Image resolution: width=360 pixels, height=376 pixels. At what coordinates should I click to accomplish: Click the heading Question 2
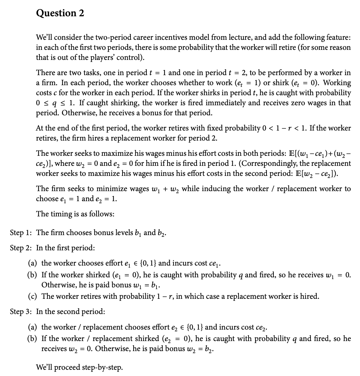click(x=60, y=13)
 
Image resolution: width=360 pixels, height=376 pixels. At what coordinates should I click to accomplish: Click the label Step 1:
click(x=21, y=233)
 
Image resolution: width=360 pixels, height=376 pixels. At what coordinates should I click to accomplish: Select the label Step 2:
click(x=21, y=248)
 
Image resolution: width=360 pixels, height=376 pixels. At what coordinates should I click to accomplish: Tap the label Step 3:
click(x=21, y=311)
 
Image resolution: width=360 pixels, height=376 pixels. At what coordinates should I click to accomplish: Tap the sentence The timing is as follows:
click(x=75, y=214)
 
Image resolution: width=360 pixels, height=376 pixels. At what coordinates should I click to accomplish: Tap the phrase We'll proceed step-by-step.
click(x=79, y=367)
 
